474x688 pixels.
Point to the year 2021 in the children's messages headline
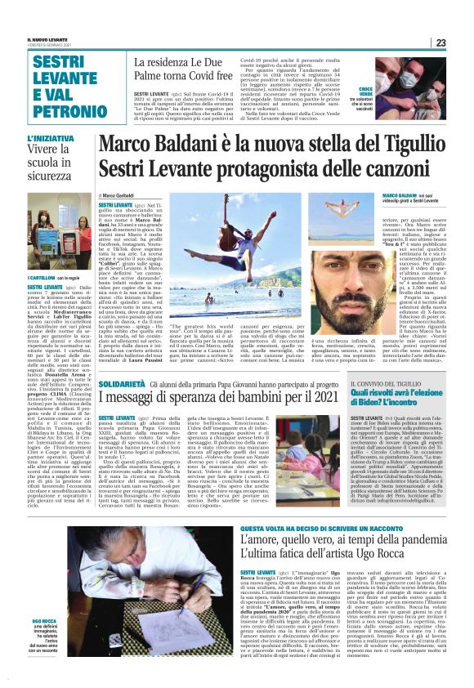click(317, 398)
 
